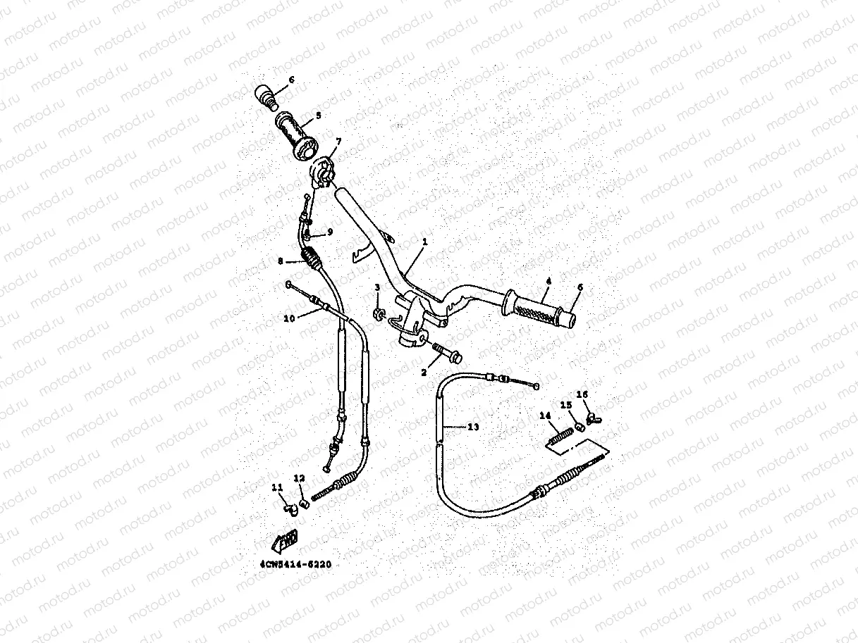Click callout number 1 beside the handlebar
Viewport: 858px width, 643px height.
pyautogui.click(x=425, y=242)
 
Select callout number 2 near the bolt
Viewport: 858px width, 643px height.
pyautogui.click(x=424, y=371)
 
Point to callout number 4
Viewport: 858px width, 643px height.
pyautogui.click(x=546, y=281)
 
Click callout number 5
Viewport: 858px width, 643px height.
pyautogui.click(x=317, y=115)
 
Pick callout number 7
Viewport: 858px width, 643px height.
pyautogui.click(x=338, y=142)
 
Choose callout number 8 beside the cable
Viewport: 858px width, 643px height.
pyautogui.click(x=280, y=261)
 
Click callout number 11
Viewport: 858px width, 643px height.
pyautogui.click(x=276, y=487)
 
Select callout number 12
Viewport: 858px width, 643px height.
pyautogui.click(x=299, y=478)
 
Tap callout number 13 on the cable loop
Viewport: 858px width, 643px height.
pyautogui.click(x=472, y=427)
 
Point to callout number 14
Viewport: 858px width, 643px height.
pyautogui.click(x=544, y=416)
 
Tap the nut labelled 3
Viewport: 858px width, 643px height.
pyautogui.click(x=379, y=312)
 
